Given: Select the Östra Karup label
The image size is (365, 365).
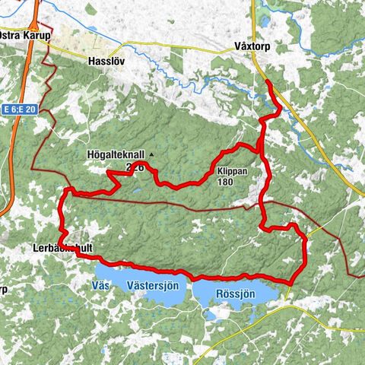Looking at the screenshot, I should point(22,37).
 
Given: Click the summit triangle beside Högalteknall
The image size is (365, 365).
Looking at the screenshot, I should point(151,154).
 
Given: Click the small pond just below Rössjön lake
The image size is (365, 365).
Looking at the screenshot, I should point(208,314).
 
